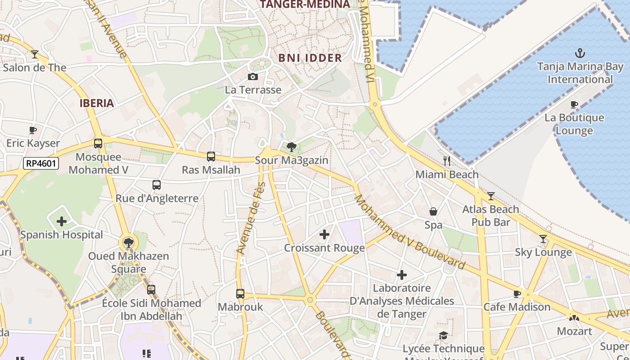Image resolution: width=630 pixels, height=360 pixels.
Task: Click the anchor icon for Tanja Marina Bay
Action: (580, 54)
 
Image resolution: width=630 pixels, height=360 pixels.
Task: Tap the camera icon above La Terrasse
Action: (253, 76)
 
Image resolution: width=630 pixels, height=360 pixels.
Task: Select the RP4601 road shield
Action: (41, 163)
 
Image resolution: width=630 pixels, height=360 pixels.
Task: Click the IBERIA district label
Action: (97, 103)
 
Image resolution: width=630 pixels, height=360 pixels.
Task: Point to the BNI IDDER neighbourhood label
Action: (310, 58)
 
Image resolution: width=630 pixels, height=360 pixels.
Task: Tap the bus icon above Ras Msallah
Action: (211, 157)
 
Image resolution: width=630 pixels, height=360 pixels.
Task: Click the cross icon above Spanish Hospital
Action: (62, 221)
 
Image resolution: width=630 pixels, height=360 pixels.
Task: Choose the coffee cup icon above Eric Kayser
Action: (33, 130)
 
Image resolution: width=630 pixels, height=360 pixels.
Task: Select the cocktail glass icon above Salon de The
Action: (35, 54)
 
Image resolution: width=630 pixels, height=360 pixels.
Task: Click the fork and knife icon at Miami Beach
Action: (447, 161)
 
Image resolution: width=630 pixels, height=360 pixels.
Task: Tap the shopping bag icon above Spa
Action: (433, 211)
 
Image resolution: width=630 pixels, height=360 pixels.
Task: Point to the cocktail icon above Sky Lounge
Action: (543, 238)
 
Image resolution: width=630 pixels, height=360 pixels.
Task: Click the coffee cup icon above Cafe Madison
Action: (517, 294)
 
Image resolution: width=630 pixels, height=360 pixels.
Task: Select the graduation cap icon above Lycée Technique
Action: (443, 335)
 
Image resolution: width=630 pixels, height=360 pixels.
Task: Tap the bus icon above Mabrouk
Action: (240, 294)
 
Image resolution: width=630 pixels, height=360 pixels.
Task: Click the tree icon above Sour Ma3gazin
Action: (292, 146)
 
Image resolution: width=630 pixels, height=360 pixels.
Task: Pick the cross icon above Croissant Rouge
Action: (324, 234)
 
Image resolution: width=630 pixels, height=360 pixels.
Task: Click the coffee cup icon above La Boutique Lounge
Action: (574, 104)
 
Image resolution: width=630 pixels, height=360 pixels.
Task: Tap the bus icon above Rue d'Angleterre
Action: (157, 185)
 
